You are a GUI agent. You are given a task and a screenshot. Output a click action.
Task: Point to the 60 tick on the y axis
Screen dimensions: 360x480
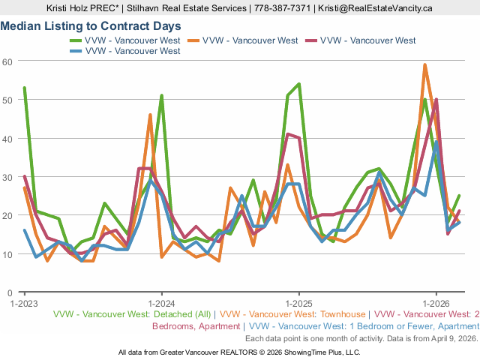(x=8, y=61)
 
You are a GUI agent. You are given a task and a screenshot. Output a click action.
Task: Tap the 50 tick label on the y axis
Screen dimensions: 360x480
(x=8, y=100)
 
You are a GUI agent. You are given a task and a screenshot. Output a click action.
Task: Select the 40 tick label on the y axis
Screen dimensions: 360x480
(x=8, y=138)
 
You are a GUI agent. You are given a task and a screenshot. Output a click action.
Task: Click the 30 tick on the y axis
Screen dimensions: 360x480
(x=8, y=177)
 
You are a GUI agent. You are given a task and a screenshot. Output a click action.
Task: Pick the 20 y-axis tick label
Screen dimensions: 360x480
(x=8, y=215)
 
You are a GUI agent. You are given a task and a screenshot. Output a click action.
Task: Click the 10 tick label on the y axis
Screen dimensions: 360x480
(x=8, y=254)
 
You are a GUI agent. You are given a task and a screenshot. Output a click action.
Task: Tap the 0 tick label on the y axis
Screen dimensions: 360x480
(x=10, y=292)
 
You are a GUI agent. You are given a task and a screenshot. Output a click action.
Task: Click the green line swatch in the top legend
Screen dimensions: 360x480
(x=77, y=40)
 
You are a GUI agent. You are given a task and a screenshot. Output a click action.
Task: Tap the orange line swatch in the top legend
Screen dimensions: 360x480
(x=195, y=40)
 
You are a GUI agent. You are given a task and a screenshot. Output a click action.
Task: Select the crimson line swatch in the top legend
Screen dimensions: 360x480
(x=312, y=40)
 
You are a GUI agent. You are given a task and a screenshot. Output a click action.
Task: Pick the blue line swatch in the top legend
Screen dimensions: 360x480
(x=77, y=51)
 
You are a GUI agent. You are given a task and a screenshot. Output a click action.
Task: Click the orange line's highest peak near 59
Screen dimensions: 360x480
(x=425, y=65)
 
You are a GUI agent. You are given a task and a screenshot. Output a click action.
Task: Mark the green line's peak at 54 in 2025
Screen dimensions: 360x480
(x=299, y=84)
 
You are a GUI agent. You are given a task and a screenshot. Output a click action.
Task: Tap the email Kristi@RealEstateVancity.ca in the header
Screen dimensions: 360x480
(x=375, y=8)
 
